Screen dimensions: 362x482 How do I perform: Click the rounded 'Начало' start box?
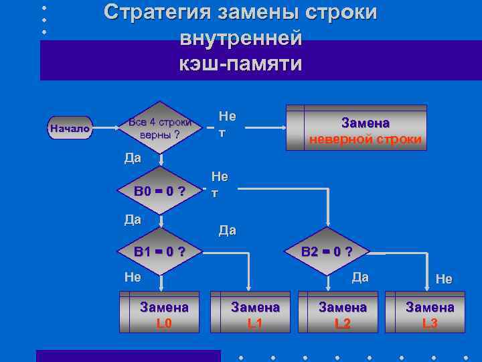[x=70, y=128]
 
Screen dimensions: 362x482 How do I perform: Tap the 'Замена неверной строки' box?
[x=356, y=128]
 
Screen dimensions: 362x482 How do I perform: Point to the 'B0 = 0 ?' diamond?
[x=159, y=191]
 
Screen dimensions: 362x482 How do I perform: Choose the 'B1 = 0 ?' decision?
[x=159, y=252]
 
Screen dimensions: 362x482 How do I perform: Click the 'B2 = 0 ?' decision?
[x=327, y=252]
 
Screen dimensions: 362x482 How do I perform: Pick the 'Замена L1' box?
[x=250, y=312]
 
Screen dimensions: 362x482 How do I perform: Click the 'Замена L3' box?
[x=429, y=312]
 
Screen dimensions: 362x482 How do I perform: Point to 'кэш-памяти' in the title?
[x=240, y=64]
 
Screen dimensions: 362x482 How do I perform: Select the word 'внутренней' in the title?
[x=240, y=38]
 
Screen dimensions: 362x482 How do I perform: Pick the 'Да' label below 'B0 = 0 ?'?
[x=133, y=219]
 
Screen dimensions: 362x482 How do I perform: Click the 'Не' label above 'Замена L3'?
[x=444, y=279]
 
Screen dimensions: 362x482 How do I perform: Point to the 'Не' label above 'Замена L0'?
[x=133, y=277]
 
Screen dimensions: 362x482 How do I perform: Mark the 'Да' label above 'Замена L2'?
[x=360, y=277]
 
